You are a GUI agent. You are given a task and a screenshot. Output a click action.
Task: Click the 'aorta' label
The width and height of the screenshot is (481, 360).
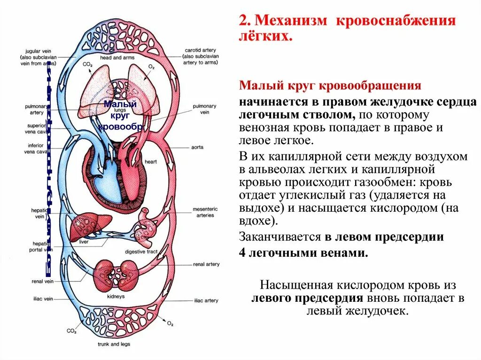click(197, 147)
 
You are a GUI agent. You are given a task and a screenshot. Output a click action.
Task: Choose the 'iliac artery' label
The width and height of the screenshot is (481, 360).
click(205, 300)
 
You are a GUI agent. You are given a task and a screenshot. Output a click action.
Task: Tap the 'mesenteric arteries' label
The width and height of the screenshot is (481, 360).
click(203, 212)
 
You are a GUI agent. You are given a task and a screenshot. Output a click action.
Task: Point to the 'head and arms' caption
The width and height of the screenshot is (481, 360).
click(117, 58)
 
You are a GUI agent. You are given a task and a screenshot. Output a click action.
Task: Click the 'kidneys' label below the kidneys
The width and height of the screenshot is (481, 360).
click(116, 297)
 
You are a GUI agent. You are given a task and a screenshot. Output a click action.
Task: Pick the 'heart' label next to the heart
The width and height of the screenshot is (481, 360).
click(151, 162)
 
